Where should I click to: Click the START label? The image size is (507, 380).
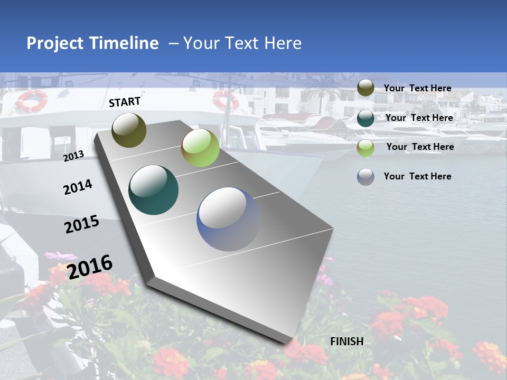coord(125,102)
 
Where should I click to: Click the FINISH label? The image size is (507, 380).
coord(346,341)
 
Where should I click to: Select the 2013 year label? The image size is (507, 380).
coord(74,156)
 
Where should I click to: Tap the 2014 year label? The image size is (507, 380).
coord(78,187)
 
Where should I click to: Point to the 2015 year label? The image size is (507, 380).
coord(82,224)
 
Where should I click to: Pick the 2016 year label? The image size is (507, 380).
coord(90,267)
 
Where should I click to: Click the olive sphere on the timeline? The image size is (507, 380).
coord(129,130)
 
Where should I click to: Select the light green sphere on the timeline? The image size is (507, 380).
coord(200,148)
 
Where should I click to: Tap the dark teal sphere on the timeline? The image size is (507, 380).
coord(154,190)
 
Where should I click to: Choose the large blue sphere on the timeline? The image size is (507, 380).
coord(229,219)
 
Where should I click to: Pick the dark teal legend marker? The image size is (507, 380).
coord(365,118)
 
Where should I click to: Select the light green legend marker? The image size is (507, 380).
coord(365,148)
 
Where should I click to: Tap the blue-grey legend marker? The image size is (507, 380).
coord(365,177)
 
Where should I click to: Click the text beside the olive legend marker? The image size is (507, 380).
coord(417,89)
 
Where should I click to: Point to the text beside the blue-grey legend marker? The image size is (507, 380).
coord(417,176)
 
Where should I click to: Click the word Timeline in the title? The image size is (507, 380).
coord(124,43)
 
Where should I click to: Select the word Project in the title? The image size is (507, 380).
coord(55,43)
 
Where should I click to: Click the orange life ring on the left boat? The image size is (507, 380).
coord(32,100)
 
